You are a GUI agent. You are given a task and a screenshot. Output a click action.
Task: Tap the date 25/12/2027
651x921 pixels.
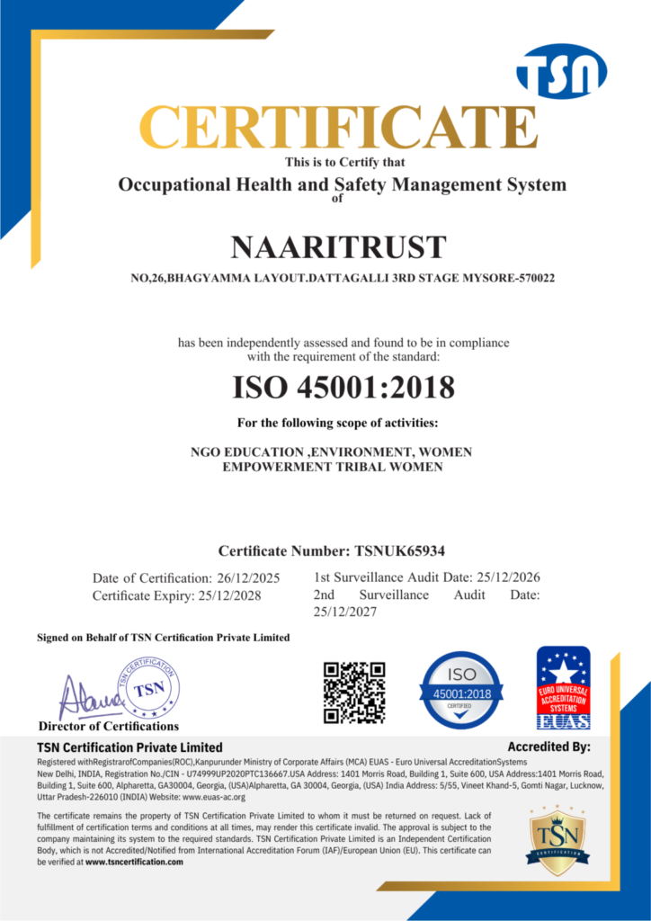click(345, 612)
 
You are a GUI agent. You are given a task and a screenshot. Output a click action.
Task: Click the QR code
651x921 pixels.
click(355, 693)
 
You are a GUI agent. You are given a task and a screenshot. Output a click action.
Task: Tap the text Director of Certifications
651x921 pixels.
click(109, 726)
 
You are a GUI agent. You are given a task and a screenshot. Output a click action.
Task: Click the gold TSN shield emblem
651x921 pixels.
click(557, 841)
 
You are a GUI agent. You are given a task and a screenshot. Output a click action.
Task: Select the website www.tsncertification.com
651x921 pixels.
click(134, 862)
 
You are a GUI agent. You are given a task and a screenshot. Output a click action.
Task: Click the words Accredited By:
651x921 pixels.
click(548, 747)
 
